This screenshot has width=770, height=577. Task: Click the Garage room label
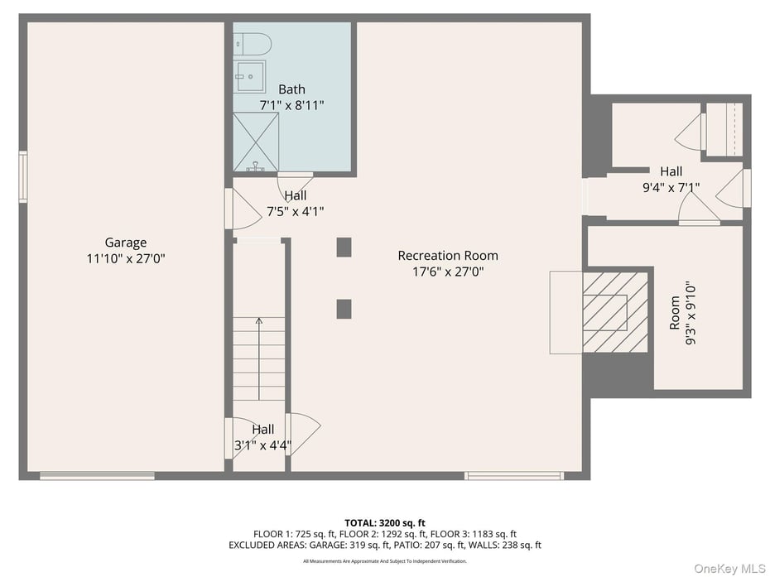click(126, 243)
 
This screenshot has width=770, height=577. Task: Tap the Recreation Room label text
click(448, 255)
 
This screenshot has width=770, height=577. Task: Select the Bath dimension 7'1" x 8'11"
click(291, 105)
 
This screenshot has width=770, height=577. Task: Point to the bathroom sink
click(250, 75)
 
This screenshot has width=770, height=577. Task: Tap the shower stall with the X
click(256, 142)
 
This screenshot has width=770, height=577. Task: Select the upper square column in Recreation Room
click(344, 247)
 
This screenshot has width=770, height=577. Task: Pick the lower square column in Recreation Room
click(344, 309)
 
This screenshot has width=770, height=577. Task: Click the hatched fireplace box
click(614, 311)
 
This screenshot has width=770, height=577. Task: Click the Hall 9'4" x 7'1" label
click(671, 180)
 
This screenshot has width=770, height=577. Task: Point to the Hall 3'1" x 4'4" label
click(262, 436)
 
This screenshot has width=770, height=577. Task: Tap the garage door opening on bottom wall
click(97, 475)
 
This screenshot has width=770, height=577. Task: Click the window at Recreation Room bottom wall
click(513, 475)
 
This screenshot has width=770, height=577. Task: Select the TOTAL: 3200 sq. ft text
click(385, 522)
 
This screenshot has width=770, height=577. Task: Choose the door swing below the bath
click(294, 184)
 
